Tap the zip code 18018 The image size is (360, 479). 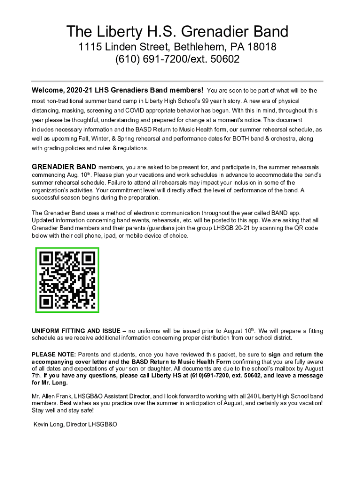click(261, 47)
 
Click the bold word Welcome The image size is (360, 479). click(48, 90)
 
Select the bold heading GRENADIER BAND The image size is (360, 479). click(64, 167)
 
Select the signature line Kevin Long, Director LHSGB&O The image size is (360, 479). click(75, 424)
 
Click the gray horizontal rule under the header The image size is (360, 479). click(177, 81)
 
